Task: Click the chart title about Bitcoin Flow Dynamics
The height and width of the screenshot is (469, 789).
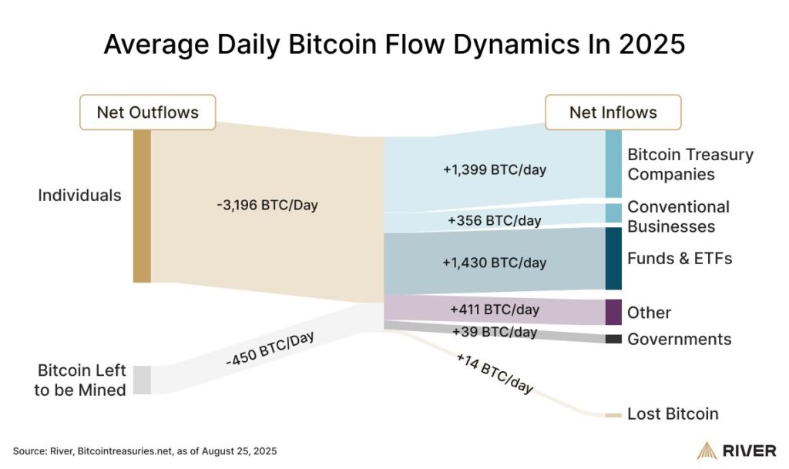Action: [x=394, y=44]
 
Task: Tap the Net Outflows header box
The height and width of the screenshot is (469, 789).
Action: [x=147, y=112]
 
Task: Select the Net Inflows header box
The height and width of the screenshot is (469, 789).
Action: [x=613, y=112]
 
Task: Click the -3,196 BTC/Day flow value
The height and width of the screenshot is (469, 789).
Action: [x=267, y=206]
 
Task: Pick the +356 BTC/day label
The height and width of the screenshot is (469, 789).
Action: [x=494, y=221]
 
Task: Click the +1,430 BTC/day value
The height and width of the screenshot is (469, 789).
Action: [x=494, y=263]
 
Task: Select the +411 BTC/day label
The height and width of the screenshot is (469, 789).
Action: [x=494, y=310]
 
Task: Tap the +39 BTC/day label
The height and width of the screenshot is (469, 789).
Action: [x=494, y=332]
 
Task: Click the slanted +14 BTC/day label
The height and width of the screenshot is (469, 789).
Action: [x=494, y=374]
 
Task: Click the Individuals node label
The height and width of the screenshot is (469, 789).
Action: [x=79, y=195]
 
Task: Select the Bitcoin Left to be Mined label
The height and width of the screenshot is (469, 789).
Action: [x=80, y=380]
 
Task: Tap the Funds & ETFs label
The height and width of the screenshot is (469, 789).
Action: [x=680, y=258]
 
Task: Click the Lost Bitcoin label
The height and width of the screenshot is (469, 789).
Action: [x=673, y=414]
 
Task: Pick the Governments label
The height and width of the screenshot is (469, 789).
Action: [x=679, y=340]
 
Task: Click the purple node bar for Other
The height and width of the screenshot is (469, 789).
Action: [x=613, y=312]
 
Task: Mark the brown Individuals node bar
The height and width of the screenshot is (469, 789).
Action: [x=142, y=206]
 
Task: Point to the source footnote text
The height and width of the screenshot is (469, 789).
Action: [x=145, y=450]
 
